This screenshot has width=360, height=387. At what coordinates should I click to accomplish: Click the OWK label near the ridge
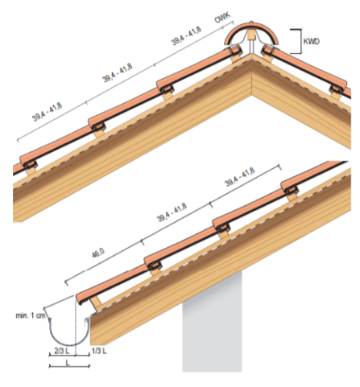click(x=222, y=18)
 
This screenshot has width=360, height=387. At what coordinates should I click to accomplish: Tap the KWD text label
click(x=311, y=42)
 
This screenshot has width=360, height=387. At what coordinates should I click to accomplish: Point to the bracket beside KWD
click(x=296, y=41)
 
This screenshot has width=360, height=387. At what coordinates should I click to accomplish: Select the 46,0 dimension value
click(x=98, y=253)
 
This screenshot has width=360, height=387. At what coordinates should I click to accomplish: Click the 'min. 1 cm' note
click(x=31, y=315)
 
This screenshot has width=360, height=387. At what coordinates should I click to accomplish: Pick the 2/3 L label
click(x=61, y=351)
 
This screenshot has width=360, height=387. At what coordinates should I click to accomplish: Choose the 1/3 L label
click(x=99, y=351)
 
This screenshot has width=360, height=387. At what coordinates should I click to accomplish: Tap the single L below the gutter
click(x=68, y=363)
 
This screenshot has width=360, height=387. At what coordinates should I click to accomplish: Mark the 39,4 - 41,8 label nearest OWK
click(x=186, y=36)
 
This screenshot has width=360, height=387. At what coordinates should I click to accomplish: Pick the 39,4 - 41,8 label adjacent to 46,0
click(x=172, y=212)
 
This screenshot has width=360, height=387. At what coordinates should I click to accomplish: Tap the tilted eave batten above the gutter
click(x=96, y=304)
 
